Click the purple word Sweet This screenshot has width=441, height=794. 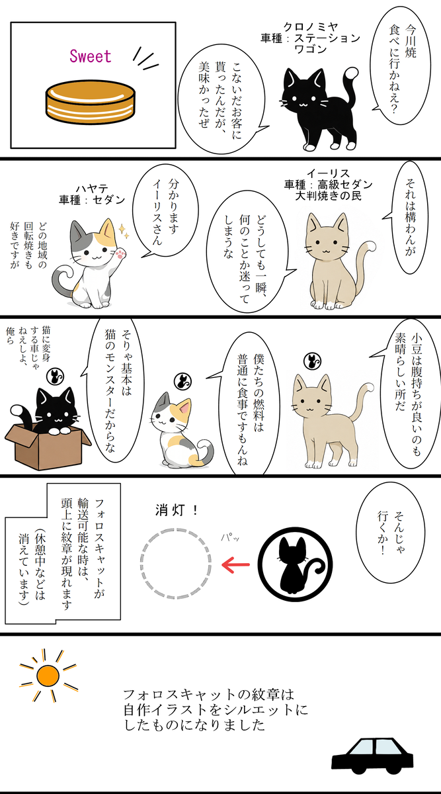click(x=91, y=56)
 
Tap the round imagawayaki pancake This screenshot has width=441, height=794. click(x=91, y=103)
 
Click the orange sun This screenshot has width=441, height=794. click(x=48, y=676)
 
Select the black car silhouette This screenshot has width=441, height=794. click(x=373, y=756)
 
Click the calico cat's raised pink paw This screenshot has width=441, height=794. click(x=121, y=254)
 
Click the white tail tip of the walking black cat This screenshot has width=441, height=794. click(x=351, y=73)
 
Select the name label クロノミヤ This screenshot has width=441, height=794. click(x=311, y=26)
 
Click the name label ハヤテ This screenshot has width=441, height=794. click(x=92, y=188)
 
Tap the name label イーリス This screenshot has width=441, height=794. click(x=328, y=173)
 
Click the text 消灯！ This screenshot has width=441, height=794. click(x=177, y=510)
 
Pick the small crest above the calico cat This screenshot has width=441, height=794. click(x=182, y=381)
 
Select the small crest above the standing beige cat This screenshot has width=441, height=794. click(x=313, y=361)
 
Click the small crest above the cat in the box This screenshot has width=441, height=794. click(x=56, y=376)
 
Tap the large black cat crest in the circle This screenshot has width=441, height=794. click(x=295, y=564)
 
